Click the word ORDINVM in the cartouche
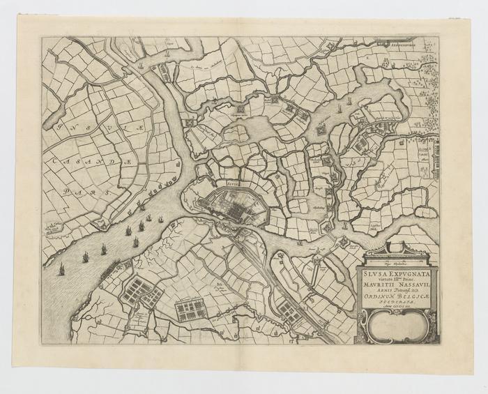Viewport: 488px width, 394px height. point(379,301)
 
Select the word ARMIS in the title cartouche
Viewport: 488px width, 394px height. point(375,294)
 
